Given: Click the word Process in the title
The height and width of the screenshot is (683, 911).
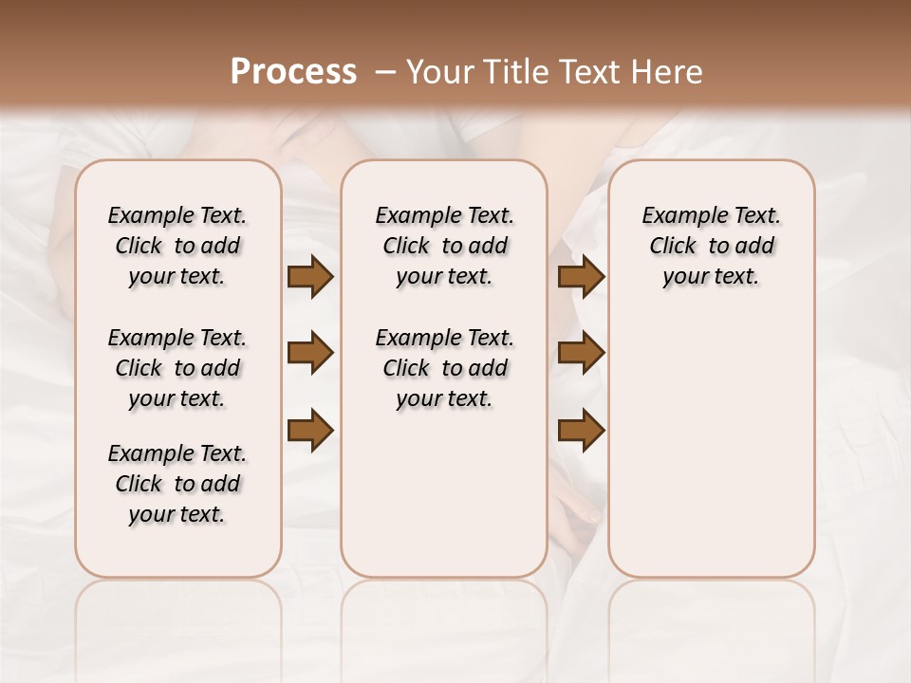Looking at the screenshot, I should click(293, 72).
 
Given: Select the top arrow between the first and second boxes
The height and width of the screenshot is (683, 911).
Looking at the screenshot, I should click(310, 277).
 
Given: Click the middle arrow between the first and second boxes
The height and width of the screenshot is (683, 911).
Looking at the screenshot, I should click(310, 354).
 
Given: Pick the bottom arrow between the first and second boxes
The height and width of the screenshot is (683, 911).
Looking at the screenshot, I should click(310, 431).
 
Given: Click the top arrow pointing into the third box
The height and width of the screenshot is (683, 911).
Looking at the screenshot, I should click(581, 277).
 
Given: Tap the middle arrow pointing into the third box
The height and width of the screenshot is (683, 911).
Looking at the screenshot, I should click(581, 354).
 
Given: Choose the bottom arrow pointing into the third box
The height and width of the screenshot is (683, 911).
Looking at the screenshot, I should click(581, 431).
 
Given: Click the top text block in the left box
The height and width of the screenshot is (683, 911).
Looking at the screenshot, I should click(177, 246).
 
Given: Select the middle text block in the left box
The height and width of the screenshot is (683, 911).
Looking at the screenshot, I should click(177, 368).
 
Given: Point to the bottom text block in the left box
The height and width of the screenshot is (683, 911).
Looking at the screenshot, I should click(177, 484).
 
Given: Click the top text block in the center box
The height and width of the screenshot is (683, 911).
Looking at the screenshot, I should click(445, 246).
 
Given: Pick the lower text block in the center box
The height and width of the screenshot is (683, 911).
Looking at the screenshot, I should click(445, 368).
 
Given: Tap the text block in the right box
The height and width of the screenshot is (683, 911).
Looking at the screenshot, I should click(712, 246).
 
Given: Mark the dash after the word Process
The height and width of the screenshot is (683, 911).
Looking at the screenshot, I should click(383, 72).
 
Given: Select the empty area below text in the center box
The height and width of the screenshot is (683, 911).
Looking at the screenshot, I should click(445, 493).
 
